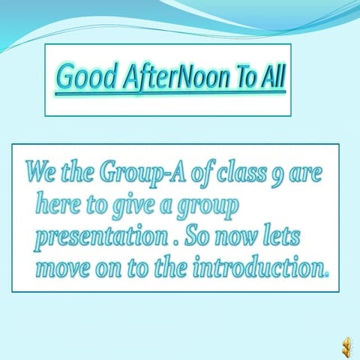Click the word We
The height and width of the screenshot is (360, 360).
pos(38,172)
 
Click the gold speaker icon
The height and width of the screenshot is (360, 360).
pos(346,344)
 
